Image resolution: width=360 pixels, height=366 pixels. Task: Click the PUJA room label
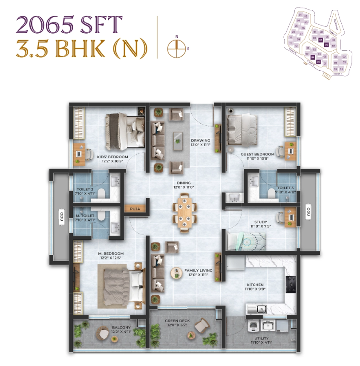pos(135,209)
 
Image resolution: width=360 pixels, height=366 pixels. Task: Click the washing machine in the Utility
pos(253,326)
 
